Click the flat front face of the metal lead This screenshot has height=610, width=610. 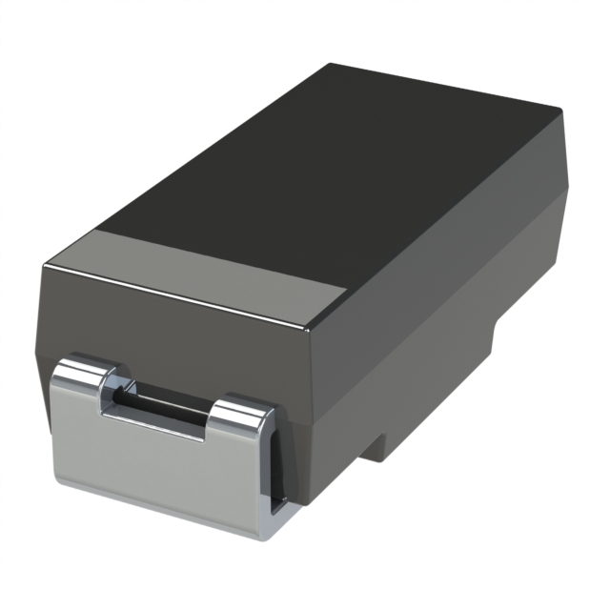pyautogui.click(x=152, y=467)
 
